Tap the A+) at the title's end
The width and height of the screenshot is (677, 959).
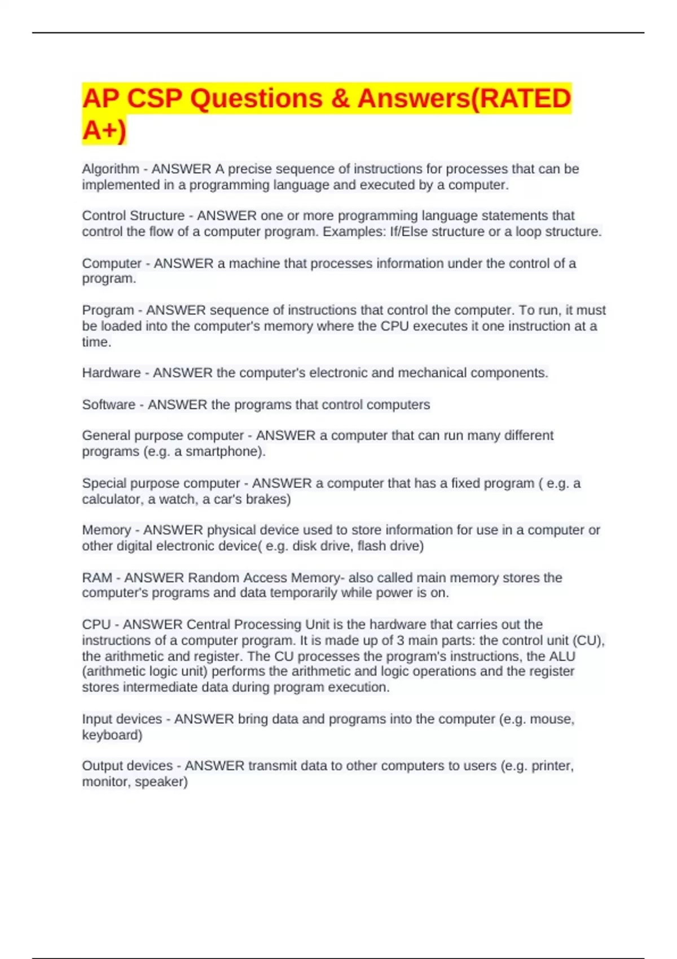click(104, 130)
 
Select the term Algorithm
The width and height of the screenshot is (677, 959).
click(111, 169)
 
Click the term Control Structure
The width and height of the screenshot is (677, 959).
click(133, 215)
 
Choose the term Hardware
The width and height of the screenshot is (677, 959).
click(111, 373)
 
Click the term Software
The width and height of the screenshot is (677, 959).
click(108, 404)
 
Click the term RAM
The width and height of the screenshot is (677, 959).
click(97, 578)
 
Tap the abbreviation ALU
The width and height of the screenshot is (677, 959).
click(562, 656)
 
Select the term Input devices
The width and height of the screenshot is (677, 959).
click(122, 719)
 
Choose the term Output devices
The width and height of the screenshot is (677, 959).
click(127, 766)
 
